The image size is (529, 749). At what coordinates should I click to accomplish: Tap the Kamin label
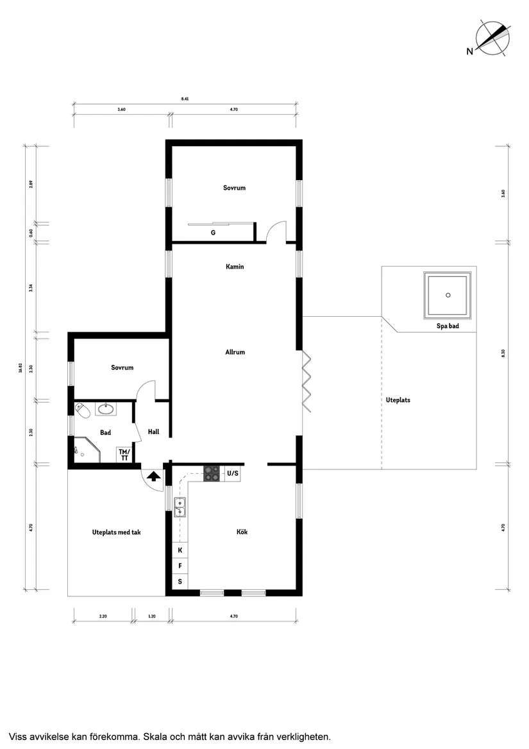[x=235, y=267]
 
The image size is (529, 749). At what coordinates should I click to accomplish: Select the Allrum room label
[x=235, y=352]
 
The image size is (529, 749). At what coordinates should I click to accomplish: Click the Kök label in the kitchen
[x=242, y=532]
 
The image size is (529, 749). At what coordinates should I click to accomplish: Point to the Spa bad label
[x=448, y=326]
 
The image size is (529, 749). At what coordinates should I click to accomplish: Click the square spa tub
[x=448, y=295]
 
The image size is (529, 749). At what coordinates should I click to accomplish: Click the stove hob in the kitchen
[x=212, y=474]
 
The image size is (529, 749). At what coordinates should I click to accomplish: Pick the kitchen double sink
[x=180, y=507]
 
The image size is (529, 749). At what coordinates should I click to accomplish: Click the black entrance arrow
[x=153, y=476]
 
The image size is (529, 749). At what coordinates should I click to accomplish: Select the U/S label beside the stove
[x=232, y=474]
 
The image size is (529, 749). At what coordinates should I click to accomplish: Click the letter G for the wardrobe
[x=213, y=233]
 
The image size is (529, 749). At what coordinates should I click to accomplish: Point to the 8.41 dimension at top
[x=185, y=99]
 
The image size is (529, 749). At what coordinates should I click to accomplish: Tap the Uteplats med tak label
[x=116, y=532]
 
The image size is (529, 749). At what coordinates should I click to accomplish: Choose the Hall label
[x=153, y=432]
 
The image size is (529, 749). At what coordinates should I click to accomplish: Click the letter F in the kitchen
[x=180, y=566]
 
